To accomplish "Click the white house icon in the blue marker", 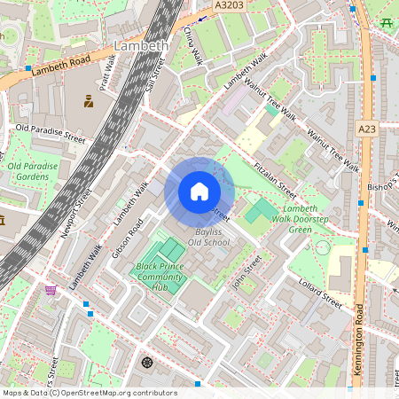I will (199, 192).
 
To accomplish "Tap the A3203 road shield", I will (230, 5).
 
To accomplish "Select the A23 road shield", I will (367, 129).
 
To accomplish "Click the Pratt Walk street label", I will (107, 70).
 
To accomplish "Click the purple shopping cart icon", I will (51, 290).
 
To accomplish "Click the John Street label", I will (247, 271).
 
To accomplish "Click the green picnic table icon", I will (386, 21).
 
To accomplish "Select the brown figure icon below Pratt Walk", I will (89, 101).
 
